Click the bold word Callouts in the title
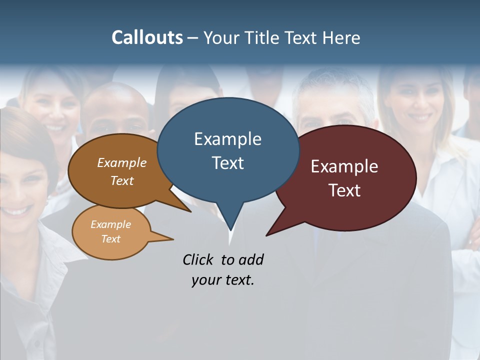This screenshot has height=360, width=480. tap(147, 37)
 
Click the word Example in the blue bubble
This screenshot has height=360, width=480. tap(227, 139)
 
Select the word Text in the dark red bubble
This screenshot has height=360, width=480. tap(344, 190)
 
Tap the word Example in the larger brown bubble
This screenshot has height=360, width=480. tap(122, 162)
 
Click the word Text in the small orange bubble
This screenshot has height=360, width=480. tap(111, 239)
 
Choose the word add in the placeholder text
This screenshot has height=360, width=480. tap(251, 259)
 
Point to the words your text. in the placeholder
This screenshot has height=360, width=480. tap(223, 280)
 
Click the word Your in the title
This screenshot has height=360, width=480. tap(221, 38)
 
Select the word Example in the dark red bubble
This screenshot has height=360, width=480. tap(344, 166)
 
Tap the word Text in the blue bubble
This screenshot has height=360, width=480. tap(228, 163)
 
